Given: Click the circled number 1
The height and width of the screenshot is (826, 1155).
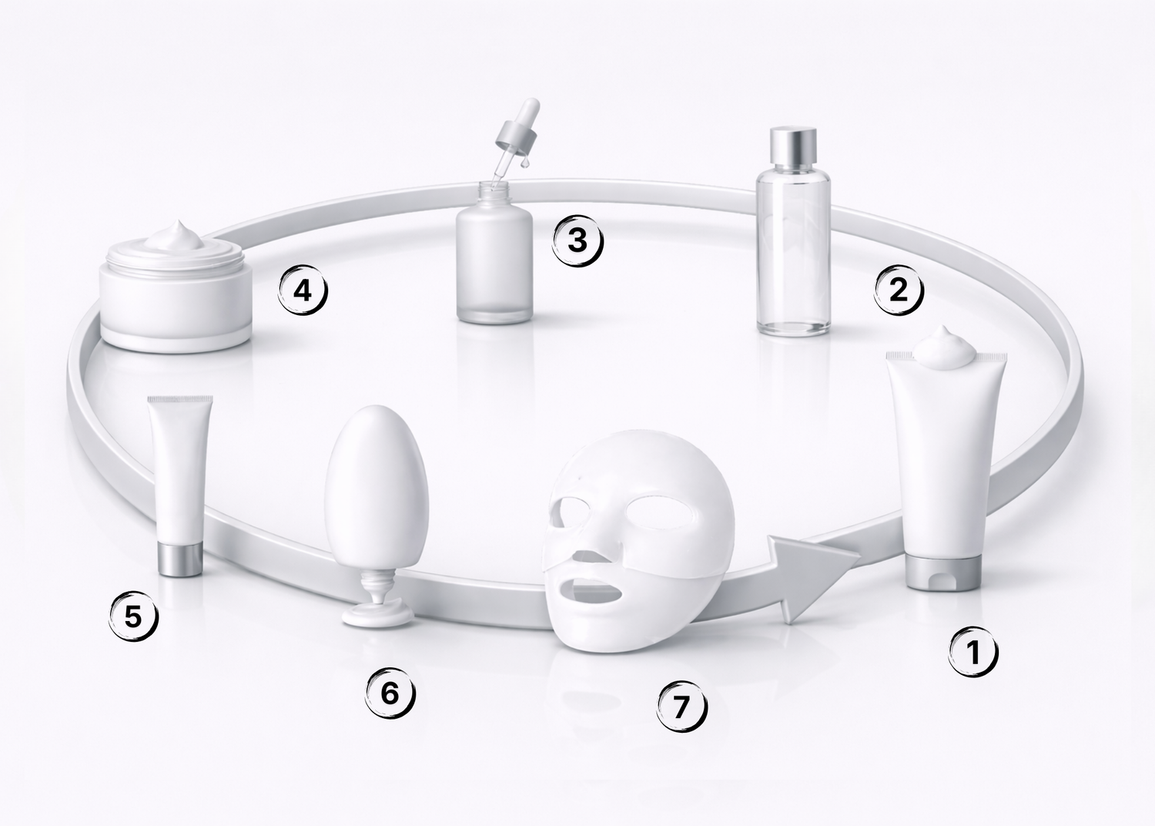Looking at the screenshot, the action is pos(973,651).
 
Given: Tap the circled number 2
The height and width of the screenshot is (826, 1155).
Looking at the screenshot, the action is pos(899,290).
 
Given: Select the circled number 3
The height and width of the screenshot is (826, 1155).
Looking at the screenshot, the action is pos(577,241).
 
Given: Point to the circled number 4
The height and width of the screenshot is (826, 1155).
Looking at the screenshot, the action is pos(303,290).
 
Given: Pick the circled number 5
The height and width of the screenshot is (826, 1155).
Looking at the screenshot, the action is pos(133,616).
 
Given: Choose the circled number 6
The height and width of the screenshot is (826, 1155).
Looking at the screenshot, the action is pos(390,693).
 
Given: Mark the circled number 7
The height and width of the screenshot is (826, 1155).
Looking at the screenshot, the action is pos(681,707).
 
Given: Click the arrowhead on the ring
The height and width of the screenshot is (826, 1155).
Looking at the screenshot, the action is pos(809,578).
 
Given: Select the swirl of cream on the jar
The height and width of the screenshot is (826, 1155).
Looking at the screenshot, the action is pos(174,237).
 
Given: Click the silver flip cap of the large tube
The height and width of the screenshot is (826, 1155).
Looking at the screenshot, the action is pos(943,572).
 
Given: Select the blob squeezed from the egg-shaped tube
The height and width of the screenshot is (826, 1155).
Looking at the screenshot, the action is pos(377,615).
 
